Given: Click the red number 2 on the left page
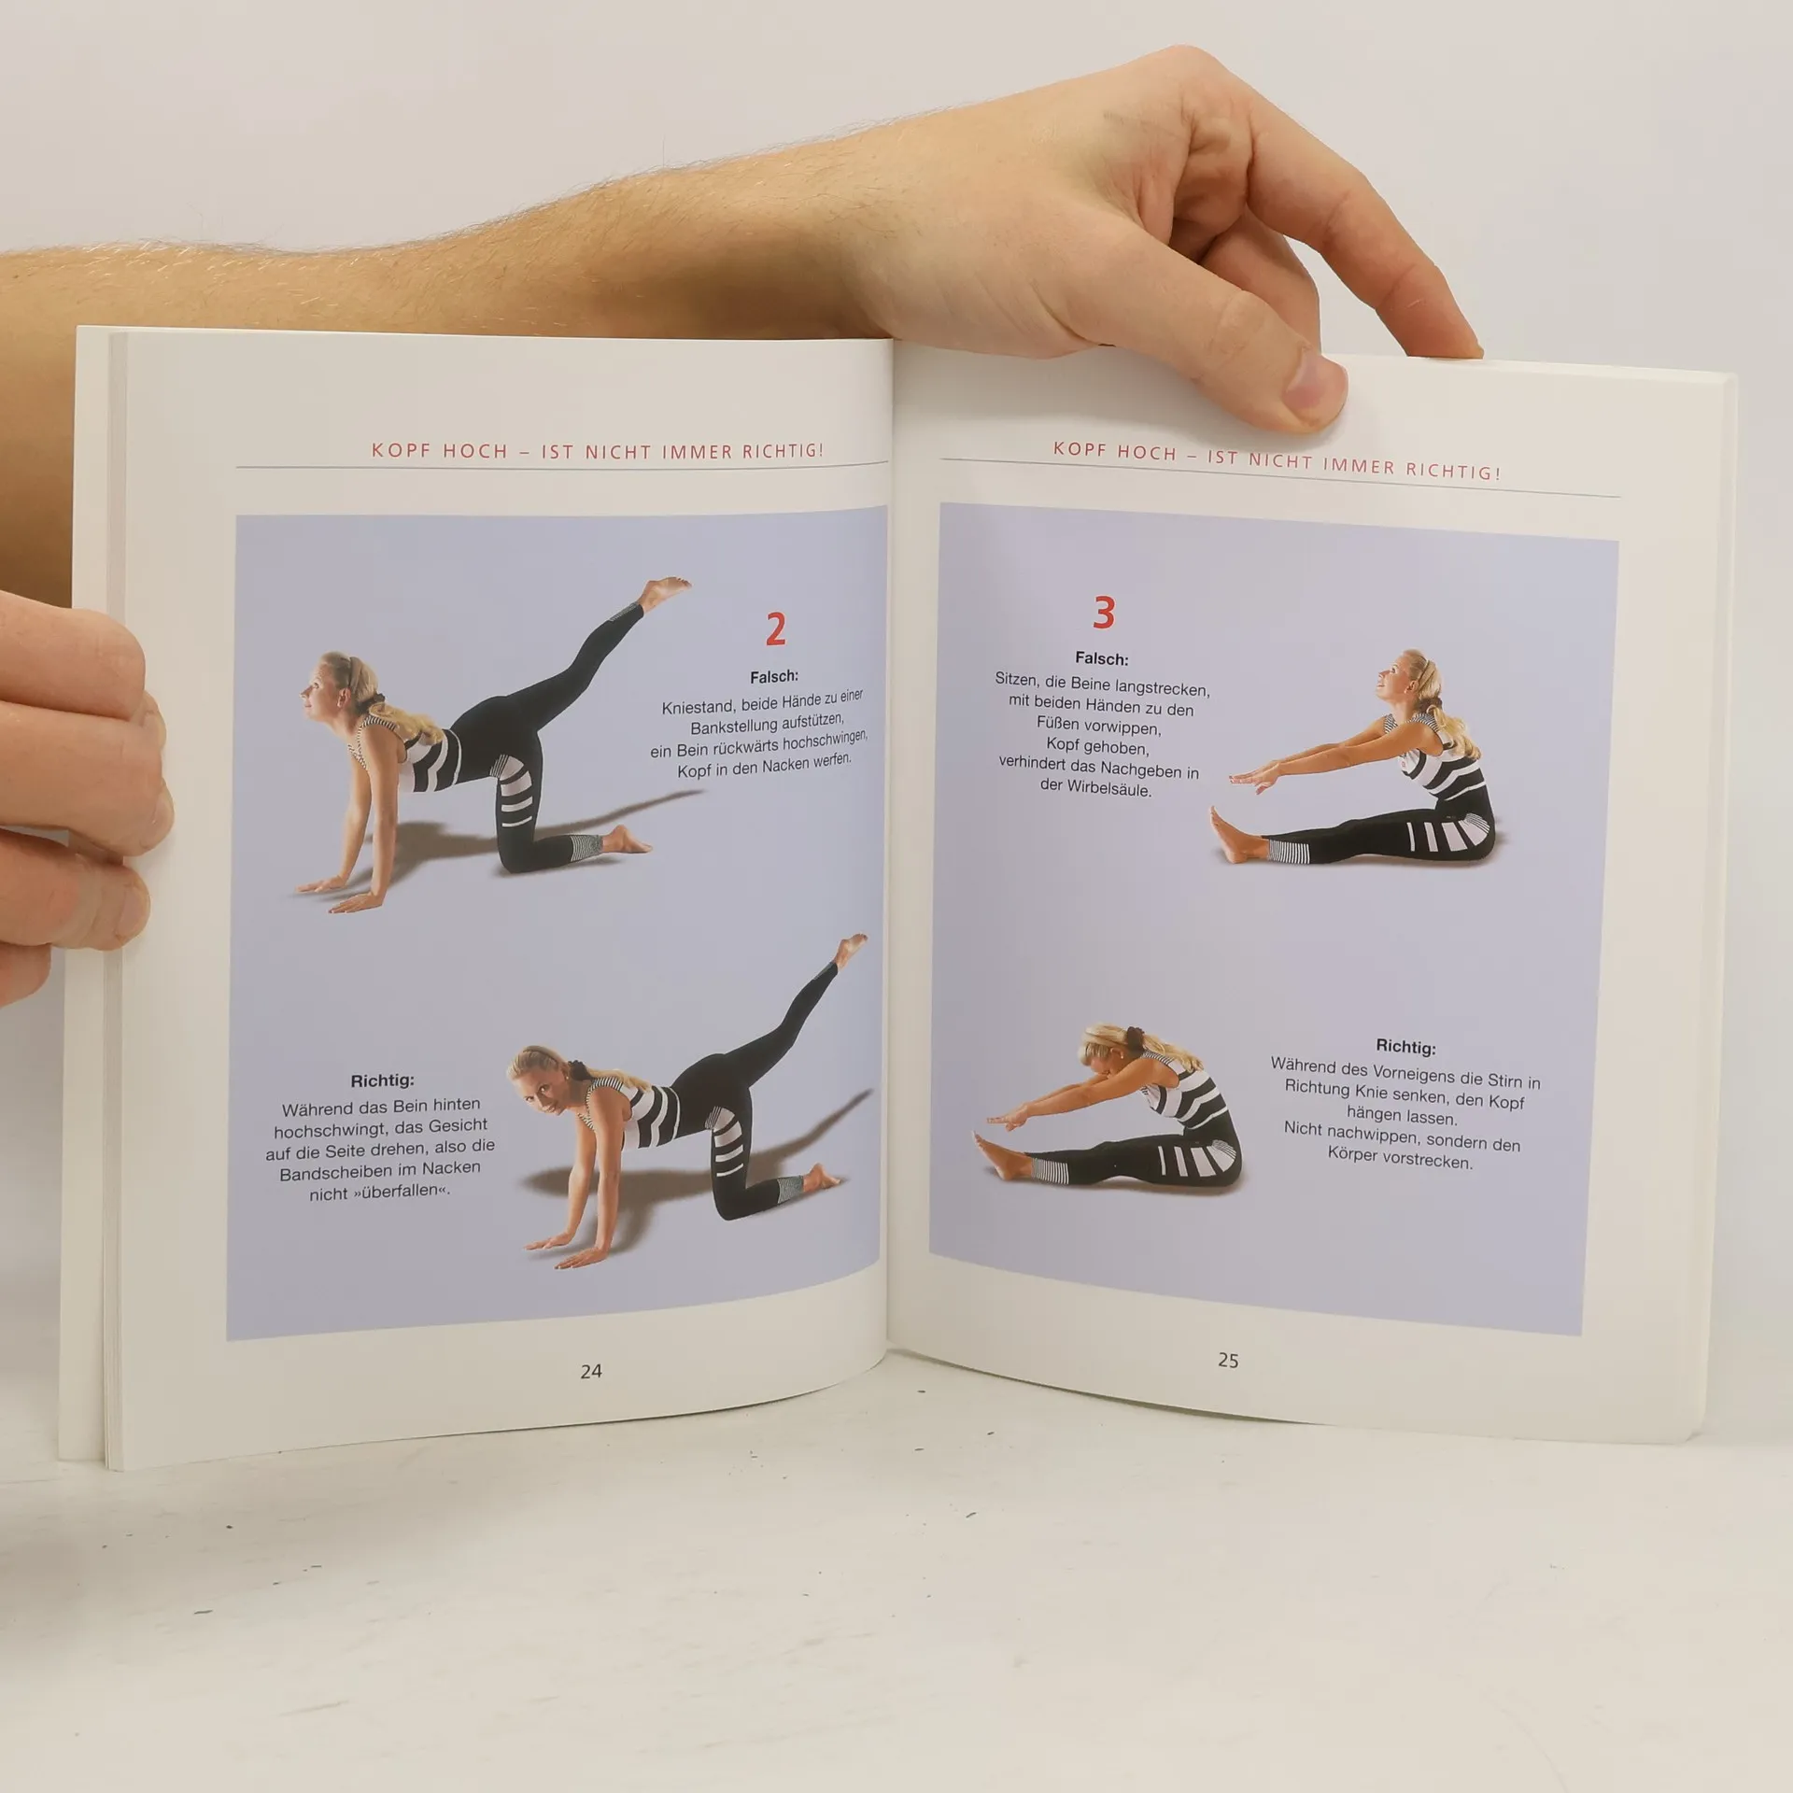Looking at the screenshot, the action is coord(775,630).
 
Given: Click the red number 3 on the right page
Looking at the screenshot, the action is coord(1104,614).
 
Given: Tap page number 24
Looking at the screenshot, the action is coord(591,1372).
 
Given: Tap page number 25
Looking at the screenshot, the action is coord(1228,1361).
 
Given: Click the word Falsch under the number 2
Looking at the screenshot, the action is coord(774,676).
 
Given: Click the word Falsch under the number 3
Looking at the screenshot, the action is coord(1102,658).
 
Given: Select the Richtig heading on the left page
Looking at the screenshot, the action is coord(382,1081).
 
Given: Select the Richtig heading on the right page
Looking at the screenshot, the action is coord(1405,1047).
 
